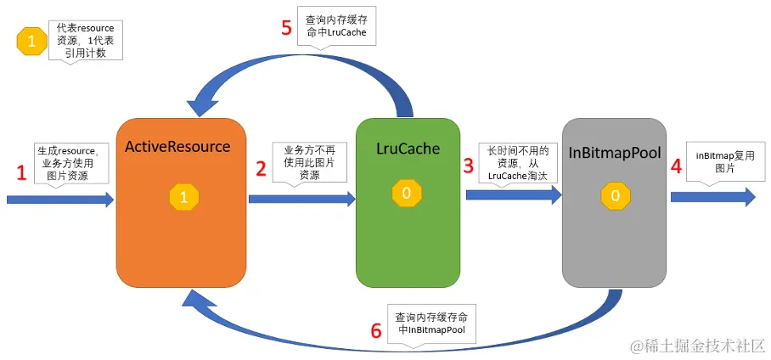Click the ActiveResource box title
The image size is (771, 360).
click(177, 147)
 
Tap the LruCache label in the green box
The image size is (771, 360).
click(408, 149)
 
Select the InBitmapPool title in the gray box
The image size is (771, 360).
click(614, 154)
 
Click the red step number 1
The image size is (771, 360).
click(21, 172)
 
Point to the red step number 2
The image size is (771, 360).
click(261, 169)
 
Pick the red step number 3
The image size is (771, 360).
click(468, 166)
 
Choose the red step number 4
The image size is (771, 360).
click(676, 166)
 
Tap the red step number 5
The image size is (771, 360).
click(287, 27)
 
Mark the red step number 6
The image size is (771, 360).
click(375, 331)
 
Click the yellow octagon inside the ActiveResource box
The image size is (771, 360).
click(184, 197)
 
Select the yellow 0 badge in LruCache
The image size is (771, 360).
click(407, 193)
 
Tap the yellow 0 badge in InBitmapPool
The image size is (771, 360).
click(615, 196)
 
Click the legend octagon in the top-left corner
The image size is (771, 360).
click(31, 41)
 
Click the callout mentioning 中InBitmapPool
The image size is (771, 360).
click(432, 326)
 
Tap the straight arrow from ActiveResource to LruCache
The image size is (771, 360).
click(302, 199)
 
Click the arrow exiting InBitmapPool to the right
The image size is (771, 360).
click(713, 197)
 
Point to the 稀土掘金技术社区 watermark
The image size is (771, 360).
click(698, 346)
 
